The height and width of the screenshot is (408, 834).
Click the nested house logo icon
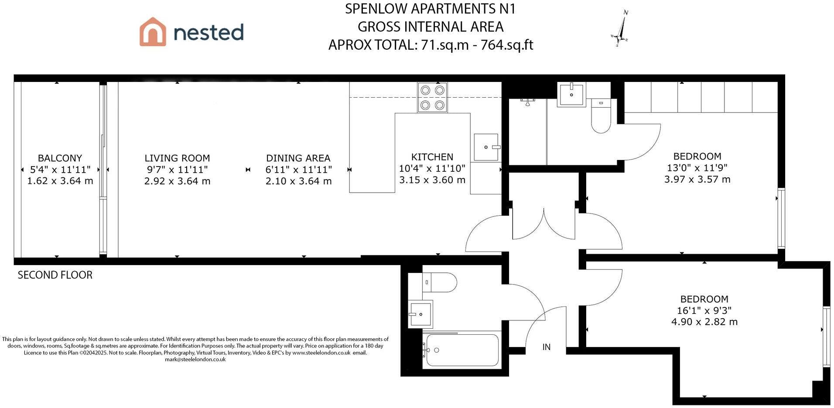pyautogui.click(x=153, y=31)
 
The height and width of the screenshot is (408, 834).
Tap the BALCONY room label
pyautogui.click(x=60, y=158)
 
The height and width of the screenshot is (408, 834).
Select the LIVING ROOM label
pyautogui.click(x=177, y=158)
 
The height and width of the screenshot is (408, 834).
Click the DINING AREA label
pyautogui.click(x=298, y=158)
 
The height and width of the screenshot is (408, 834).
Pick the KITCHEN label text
pyautogui.click(x=432, y=157)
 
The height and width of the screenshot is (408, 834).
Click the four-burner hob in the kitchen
pyautogui.click(x=432, y=98)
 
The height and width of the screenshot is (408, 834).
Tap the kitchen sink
pyautogui.click(x=487, y=147)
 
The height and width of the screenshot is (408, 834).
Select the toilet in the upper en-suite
pyautogui.click(x=601, y=116)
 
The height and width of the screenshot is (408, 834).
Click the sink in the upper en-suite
pyautogui.click(x=571, y=94)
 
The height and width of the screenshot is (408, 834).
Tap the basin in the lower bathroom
pyautogui.click(x=420, y=314)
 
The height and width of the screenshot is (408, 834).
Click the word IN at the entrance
pyautogui.click(x=546, y=347)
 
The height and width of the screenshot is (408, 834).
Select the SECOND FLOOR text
pyautogui.click(x=55, y=275)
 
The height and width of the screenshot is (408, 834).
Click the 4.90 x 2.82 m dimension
pyautogui.click(x=704, y=322)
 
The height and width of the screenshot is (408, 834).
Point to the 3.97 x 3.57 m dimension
pyautogui.click(x=697, y=179)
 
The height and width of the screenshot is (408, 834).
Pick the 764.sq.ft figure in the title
pyautogui.click(x=507, y=45)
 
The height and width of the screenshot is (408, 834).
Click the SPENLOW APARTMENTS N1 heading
pyautogui.click(x=430, y=9)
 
